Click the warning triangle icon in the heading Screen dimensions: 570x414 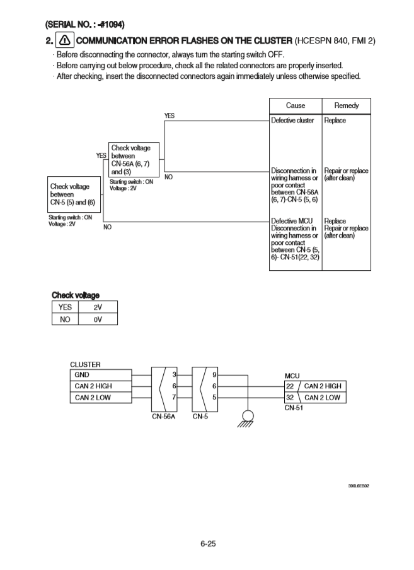(65, 40)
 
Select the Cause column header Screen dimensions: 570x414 (295, 105)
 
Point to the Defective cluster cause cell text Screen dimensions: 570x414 (292, 120)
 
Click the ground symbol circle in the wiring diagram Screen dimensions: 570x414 (248, 416)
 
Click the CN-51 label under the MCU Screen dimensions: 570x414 (294, 408)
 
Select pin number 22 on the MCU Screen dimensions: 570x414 (290, 386)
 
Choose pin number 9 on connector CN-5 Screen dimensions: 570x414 (215, 375)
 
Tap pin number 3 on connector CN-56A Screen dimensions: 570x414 (174, 375)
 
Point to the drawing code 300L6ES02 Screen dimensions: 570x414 (359, 486)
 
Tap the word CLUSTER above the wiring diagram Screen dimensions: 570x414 (85, 364)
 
